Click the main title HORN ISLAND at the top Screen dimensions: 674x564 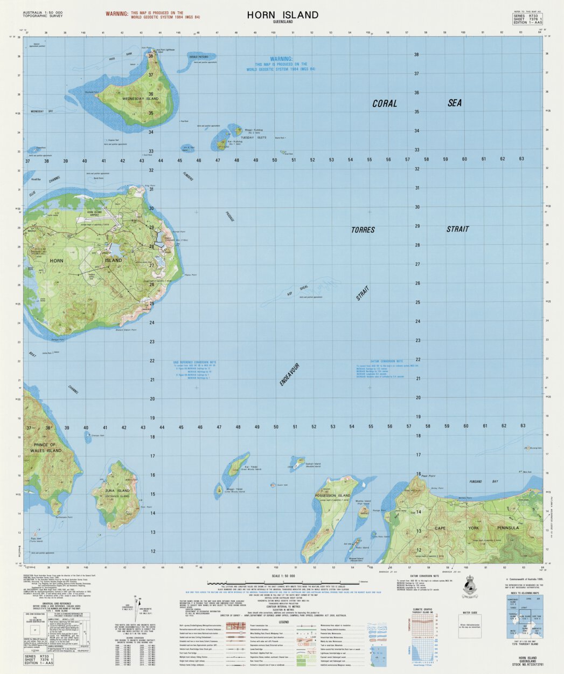[x=283, y=15]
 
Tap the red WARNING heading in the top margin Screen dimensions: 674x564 [x=117, y=12]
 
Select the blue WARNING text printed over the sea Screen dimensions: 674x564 [x=281, y=59]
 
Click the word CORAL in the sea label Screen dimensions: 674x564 [x=385, y=104]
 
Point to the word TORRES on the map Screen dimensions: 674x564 [x=363, y=230]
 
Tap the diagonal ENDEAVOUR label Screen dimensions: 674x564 [x=289, y=374]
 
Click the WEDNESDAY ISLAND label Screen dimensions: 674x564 [x=141, y=99]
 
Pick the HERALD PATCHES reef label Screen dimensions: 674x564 [x=199, y=57]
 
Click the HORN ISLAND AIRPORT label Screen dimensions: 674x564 [x=98, y=214]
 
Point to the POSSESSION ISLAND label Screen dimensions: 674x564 [x=333, y=495]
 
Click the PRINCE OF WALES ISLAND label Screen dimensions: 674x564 [x=44, y=448]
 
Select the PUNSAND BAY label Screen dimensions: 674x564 [x=483, y=482]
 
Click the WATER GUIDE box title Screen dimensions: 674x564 [x=470, y=613]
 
